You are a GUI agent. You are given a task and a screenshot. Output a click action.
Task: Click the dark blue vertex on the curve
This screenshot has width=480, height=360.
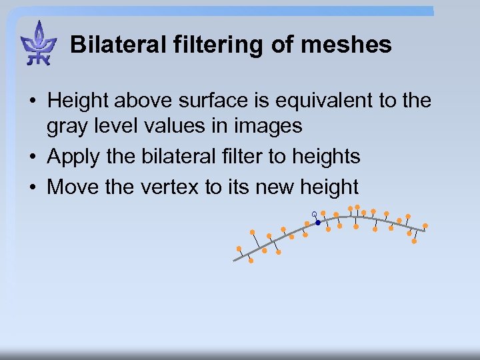(318, 223)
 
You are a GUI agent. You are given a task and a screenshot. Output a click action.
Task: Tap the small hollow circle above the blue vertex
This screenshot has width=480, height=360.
(314, 214)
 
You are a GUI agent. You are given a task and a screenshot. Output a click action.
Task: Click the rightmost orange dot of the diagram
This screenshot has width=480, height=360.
(425, 226)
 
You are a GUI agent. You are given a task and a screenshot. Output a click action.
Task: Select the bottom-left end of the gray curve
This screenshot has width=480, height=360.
(235, 260)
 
